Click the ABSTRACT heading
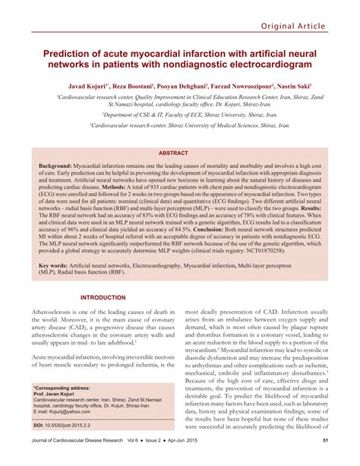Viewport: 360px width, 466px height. click(x=179, y=132)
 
